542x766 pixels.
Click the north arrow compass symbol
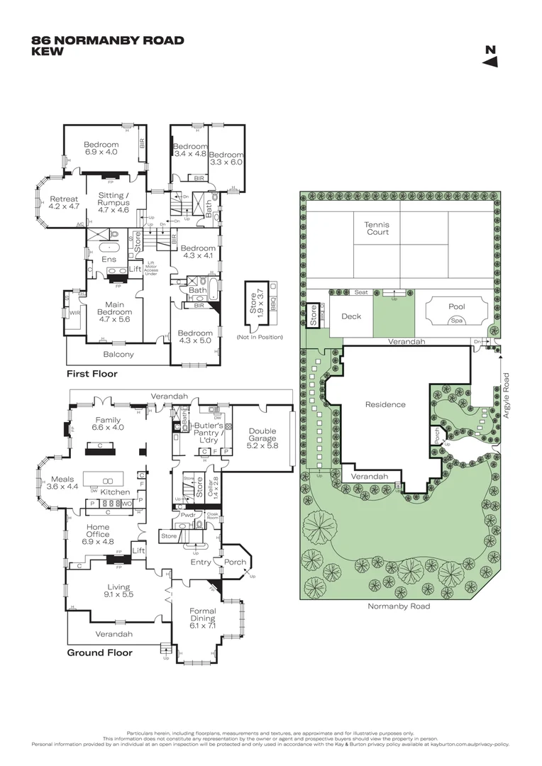click(x=490, y=57)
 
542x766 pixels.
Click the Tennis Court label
click(x=377, y=228)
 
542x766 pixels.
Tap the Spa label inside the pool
click(x=456, y=321)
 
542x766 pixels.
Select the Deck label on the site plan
click(x=351, y=316)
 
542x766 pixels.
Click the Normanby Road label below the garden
click(x=399, y=606)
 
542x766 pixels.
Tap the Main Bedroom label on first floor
click(x=114, y=316)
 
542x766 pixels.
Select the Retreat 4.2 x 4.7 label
click(x=64, y=203)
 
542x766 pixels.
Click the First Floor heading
click(x=92, y=373)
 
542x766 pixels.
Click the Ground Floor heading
click(x=99, y=653)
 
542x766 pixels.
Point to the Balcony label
click(x=119, y=354)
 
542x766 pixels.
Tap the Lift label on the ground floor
click(x=139, y=550)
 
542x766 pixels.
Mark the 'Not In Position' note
click(x=260, y=336)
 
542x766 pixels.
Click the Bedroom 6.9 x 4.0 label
click(x=101, y=148)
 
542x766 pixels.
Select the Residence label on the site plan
click(x=385, y=404)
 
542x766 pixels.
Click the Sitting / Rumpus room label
click(x=113, y=202)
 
